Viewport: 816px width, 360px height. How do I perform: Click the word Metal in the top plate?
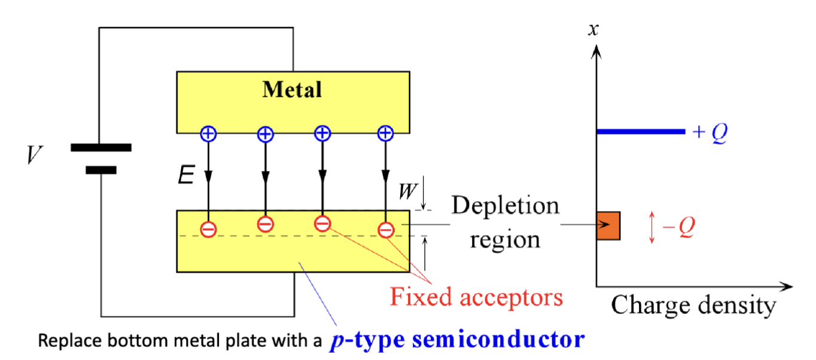(x=293, y=90)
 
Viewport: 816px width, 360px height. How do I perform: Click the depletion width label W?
(x=407, y=192)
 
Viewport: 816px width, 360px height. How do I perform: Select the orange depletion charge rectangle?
(x=608, y=226)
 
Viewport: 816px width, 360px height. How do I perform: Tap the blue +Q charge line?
(x=640, y=131)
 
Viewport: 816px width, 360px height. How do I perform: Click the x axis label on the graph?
(x=593, y=28)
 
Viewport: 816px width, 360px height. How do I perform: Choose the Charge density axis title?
(x=693, y=305)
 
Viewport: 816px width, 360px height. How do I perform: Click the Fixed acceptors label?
(x=476, y=296)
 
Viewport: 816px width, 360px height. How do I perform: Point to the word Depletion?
(x=505, y=206)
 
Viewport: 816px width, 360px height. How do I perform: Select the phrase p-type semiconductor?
(x=456, y=340)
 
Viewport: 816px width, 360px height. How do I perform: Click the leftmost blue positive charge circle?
(x=208, y=134)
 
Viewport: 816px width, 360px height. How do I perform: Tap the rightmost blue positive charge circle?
(x=385, y=133)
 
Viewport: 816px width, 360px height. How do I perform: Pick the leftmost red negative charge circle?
(x=208, y=228)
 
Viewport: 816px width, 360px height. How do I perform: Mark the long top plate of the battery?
(x=101, y=147)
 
